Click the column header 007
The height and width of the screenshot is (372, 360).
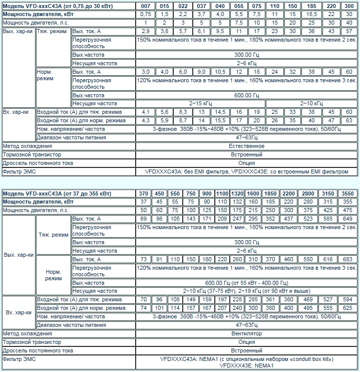[145, 5]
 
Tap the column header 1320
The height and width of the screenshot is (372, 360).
[236, 194]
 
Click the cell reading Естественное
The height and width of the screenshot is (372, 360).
[247, 146]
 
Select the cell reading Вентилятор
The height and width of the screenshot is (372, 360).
[247, 333]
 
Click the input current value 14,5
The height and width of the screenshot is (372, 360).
[220, 112]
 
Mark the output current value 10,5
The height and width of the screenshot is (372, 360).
[220, 72]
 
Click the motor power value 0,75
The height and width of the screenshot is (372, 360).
[145, 14]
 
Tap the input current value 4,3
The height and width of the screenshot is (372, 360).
[145, 120]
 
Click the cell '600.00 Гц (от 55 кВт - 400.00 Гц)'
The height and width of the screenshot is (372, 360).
[247, 283]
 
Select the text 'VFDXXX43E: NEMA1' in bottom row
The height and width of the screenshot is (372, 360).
[247, 366]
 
